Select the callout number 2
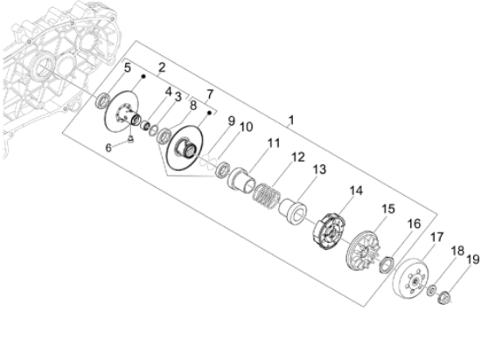[x=162, y=67]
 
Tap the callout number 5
[x=127, y=68]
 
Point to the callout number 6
[x=109, y=148]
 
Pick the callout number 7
[x=208, y=93]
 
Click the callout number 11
[x=274, y=143]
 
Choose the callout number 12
[x=297, y=157]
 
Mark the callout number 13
[x=319, y=170]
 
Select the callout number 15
[x=387, y=211]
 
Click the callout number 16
[x=413, y=225]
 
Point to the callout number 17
[x=436, y=237]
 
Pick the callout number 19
[x=472, y=260]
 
